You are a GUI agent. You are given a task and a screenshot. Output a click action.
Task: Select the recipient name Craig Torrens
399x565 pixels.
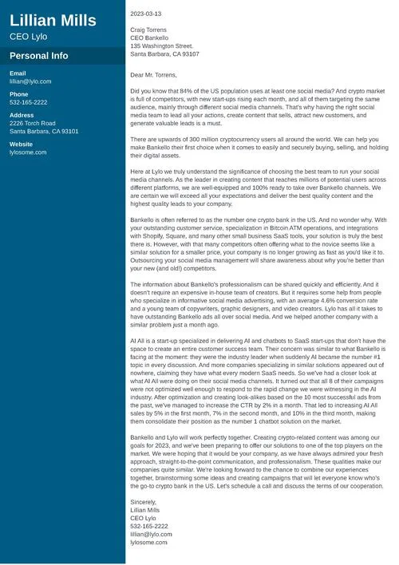point(150,30)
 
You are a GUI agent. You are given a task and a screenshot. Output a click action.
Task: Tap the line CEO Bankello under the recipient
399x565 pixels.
point(148,38)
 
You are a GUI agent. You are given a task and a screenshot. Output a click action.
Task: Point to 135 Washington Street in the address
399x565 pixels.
point(161,46)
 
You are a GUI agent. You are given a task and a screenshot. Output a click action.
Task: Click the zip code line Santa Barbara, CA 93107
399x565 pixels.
point(164,54)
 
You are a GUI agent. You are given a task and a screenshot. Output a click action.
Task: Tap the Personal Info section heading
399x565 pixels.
point(38,57)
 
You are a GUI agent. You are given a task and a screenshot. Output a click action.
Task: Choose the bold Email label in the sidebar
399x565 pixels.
point(18,73)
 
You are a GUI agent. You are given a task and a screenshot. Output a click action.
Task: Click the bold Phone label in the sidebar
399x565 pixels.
point(19,94)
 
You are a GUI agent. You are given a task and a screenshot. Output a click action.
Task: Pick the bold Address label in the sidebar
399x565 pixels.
point(22,116)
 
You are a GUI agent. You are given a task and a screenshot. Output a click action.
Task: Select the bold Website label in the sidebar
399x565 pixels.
point(22,144)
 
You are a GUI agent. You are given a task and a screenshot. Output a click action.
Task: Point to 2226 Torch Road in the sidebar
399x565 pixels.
point(33,124)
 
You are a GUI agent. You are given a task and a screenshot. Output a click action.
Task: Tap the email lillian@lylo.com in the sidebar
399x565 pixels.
point(30,81)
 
